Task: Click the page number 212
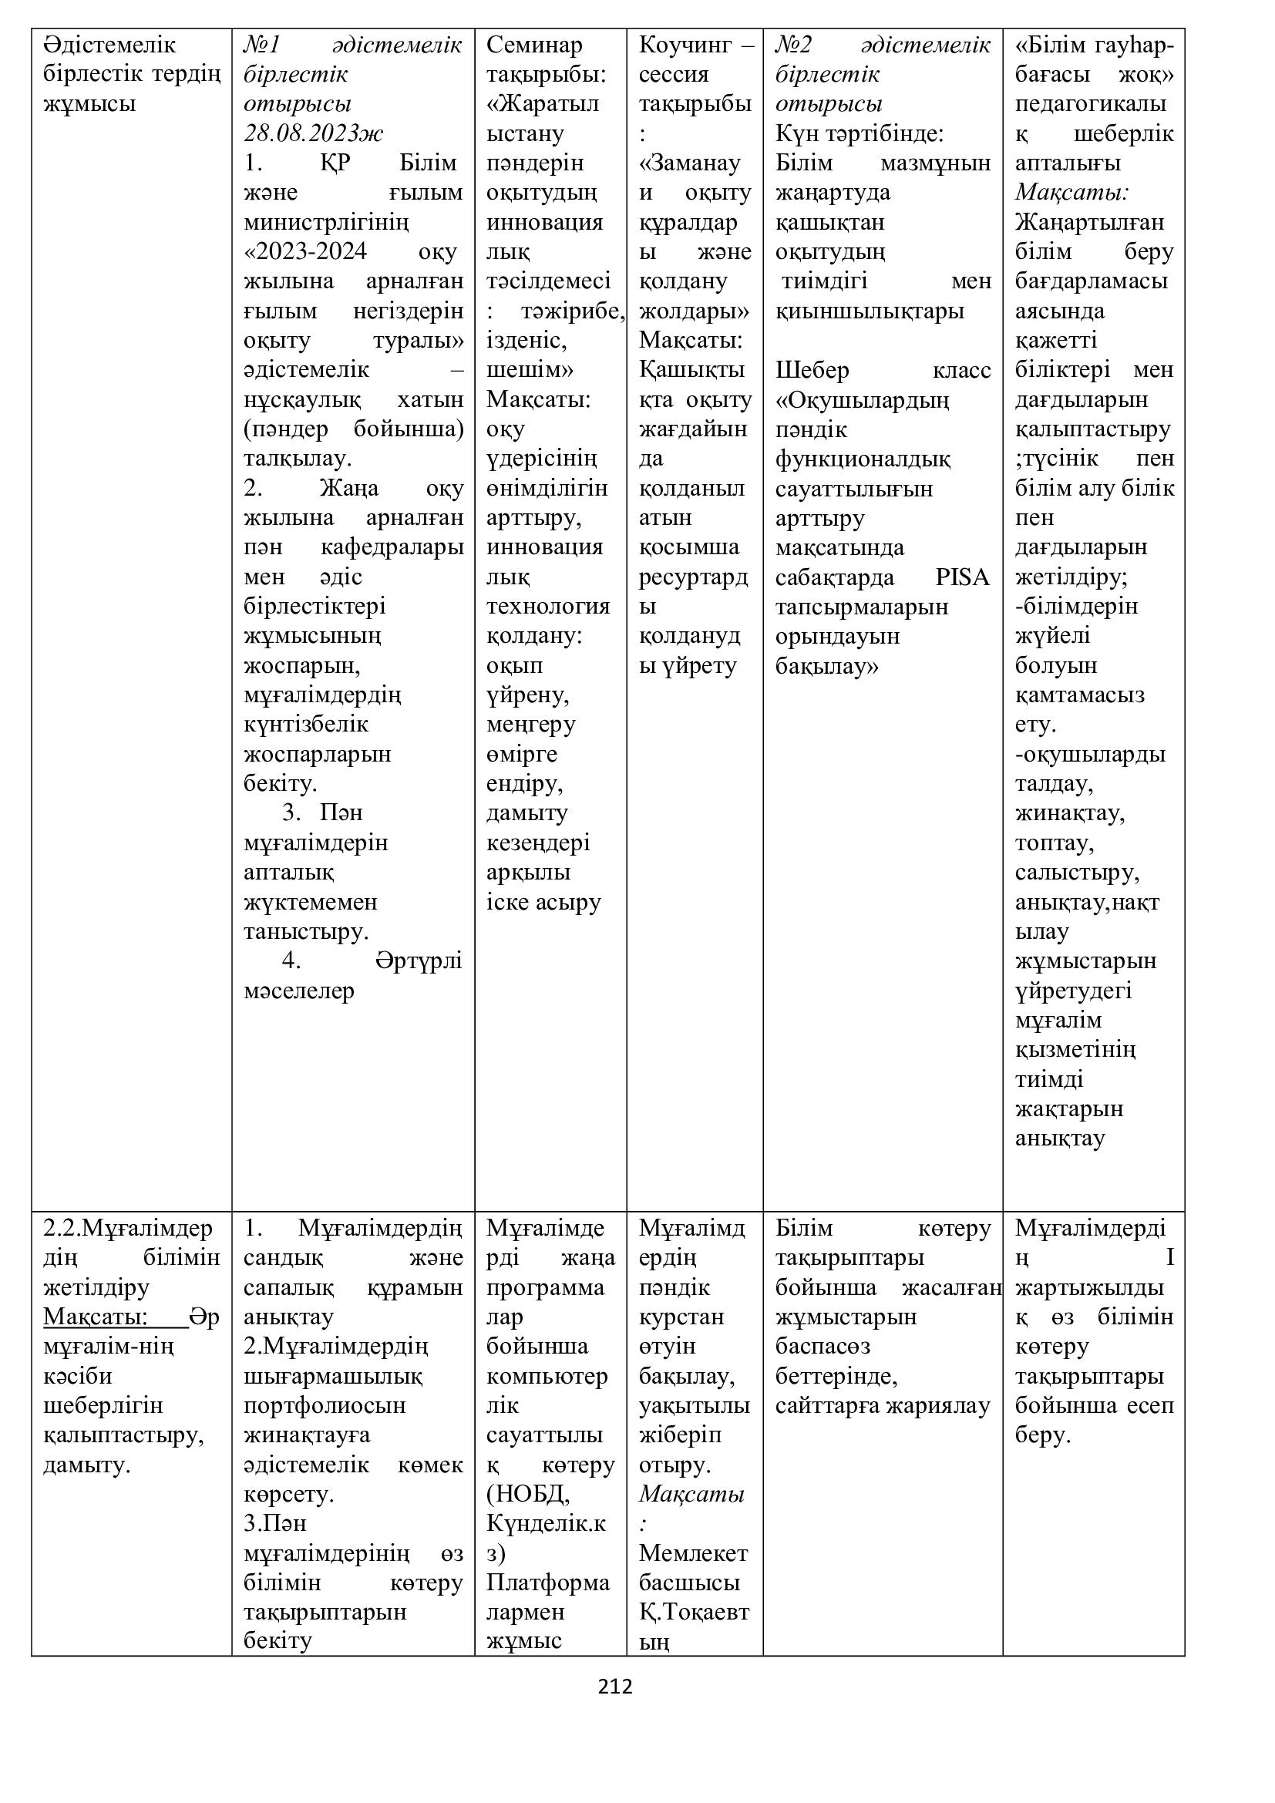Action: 614,1686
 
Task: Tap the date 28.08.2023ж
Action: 313,133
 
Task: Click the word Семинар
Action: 534,45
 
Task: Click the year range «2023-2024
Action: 306,251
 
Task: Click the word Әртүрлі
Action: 419,960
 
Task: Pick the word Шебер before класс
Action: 812,370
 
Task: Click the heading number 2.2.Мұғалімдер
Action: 128,1227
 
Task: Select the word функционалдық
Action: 863,459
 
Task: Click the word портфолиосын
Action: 325,1405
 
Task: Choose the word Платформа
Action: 547,1582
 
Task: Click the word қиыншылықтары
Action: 869,311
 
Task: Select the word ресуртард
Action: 693,577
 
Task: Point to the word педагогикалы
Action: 1091,103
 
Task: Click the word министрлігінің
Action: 326,222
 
